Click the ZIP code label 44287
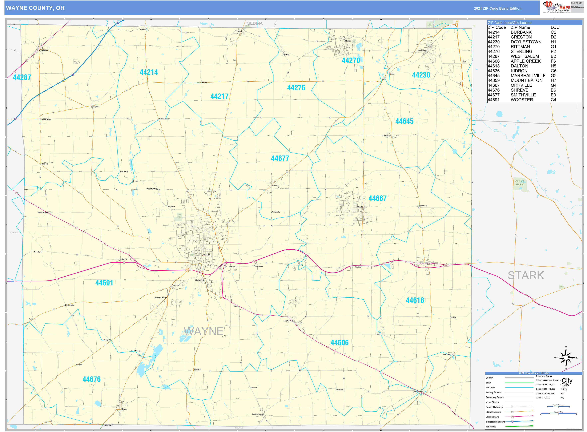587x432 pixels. pos(22,77)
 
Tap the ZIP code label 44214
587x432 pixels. pos(149,72)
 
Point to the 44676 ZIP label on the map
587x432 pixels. pos(91,379)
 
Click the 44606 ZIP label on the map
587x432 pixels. pos(340,343)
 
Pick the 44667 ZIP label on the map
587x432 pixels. pos(377,198)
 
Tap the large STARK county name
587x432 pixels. pos(526,275)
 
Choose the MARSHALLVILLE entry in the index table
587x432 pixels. pos(528,76)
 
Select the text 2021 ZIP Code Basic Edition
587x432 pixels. pos(498,8)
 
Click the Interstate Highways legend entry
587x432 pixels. pos(495,422)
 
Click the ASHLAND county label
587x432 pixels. pos(15,232)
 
